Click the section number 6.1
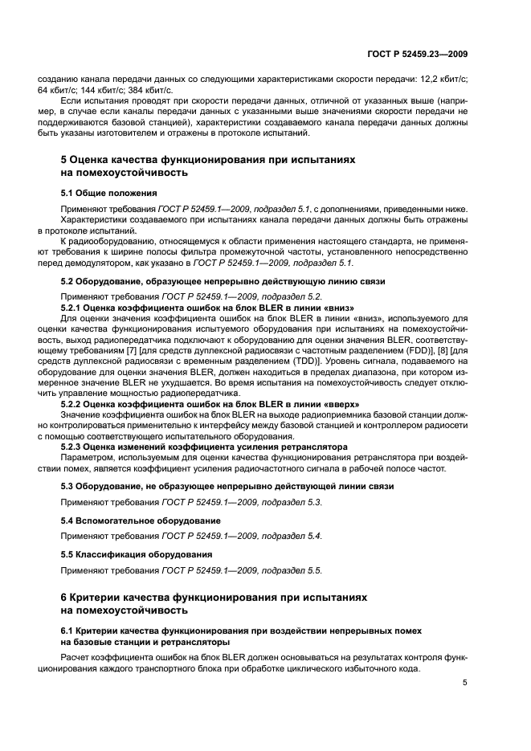(68, 631)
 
